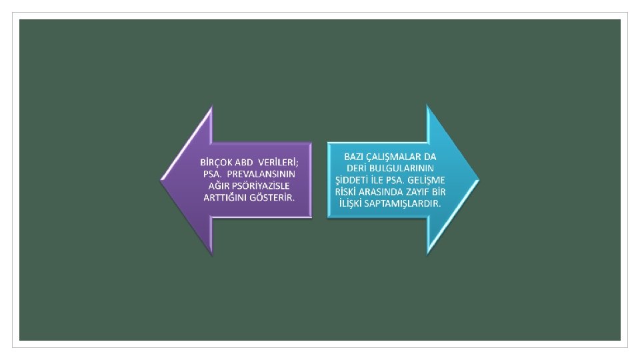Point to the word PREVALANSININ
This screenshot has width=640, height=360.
click(x=265, y=174)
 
